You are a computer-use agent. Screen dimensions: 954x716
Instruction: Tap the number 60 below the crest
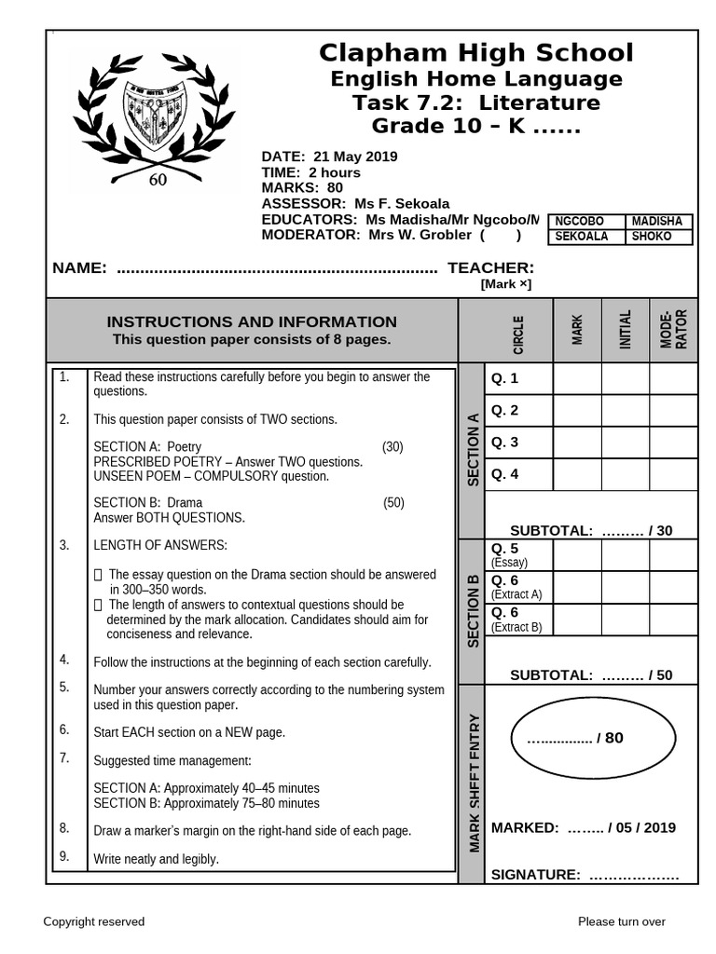coord(158,181)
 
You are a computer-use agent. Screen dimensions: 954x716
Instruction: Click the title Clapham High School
coord(475,53)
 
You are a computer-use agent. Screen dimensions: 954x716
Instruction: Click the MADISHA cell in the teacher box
coord(657,222)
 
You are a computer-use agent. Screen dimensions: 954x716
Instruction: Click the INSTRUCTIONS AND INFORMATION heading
coord(252,321)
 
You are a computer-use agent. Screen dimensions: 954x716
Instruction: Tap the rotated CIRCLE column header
coord(518,334)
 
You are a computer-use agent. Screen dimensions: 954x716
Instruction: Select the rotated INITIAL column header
coord(626,331)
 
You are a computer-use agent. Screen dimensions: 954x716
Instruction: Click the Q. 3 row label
coord(505,442)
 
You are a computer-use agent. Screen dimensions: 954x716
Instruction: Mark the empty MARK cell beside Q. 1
coord(577,379)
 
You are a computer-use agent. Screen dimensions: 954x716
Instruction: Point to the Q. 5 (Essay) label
coord(509,554)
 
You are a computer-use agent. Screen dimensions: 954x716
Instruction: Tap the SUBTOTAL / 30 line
coord(591,530)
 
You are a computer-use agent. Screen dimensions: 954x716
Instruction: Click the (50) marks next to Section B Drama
coord(393,503)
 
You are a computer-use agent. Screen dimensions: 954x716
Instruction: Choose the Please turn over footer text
coord(622,921)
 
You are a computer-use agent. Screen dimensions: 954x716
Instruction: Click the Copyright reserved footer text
coord(94,921)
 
